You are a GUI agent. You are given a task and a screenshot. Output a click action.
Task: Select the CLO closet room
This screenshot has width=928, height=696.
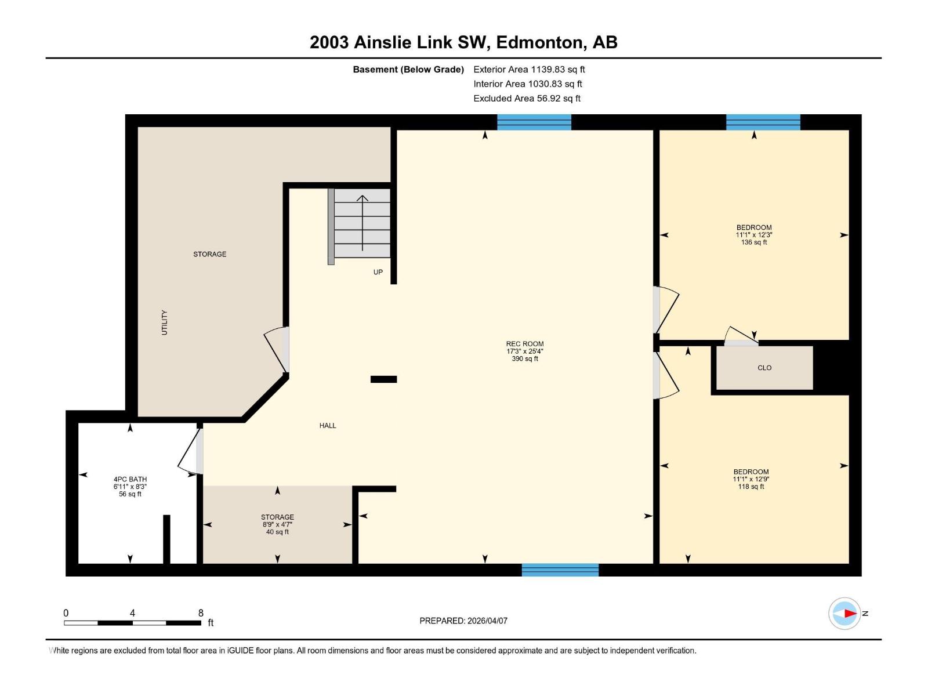(764, 368)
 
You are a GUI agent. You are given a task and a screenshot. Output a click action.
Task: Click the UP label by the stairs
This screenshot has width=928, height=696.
(378, 272)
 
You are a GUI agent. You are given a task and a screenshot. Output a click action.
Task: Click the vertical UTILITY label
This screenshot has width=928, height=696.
(164, 322)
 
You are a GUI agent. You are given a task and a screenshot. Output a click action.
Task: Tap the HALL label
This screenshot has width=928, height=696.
(328, 426)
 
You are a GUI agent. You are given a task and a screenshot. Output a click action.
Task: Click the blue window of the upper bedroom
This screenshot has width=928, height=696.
(763, 122)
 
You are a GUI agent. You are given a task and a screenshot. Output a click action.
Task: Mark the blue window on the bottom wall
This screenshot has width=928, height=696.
(560, 570)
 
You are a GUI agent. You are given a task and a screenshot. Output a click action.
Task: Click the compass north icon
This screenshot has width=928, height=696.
(845, 613)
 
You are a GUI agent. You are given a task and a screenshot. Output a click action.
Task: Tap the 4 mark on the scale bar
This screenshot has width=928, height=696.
(132, 613)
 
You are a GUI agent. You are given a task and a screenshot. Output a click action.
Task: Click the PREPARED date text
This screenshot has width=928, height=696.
(463, 621)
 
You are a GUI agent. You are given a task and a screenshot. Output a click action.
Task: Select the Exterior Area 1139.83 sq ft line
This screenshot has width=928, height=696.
(528, 70)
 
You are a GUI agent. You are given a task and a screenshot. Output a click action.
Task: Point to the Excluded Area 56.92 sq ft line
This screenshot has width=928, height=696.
(527, 99)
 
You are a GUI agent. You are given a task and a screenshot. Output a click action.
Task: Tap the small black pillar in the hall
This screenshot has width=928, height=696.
(383, 379)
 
